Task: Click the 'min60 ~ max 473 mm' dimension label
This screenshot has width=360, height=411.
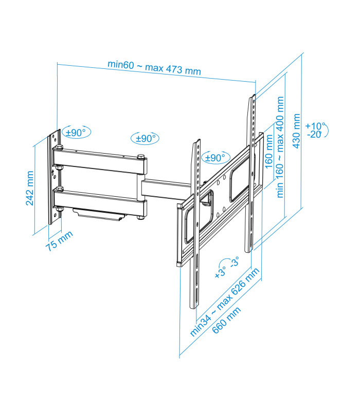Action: click(x=154, y=67)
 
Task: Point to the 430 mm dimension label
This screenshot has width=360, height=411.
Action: click(x=296, y=130)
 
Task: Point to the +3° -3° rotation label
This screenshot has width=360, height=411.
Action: click(x=227, y=268)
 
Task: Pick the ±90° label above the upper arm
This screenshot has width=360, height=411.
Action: click(x=145, y=138)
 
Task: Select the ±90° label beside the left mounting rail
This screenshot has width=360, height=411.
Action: click(x=215, y=158)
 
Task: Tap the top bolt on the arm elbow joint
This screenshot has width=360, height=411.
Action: click(x=140, y=157)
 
